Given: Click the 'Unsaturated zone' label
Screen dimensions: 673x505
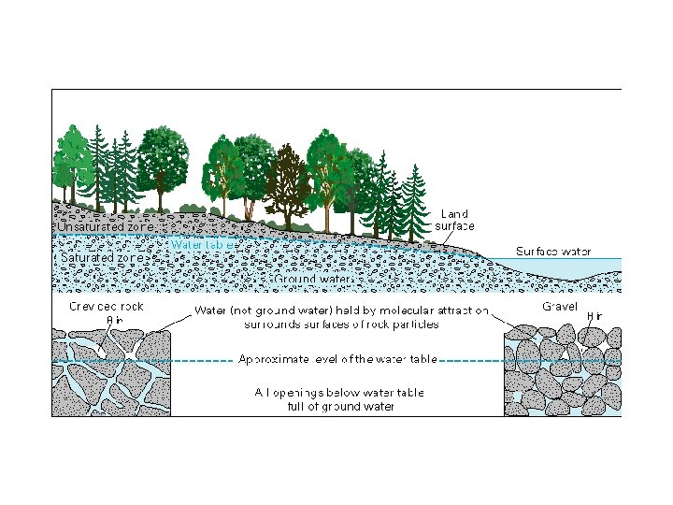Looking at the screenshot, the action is (105, 226).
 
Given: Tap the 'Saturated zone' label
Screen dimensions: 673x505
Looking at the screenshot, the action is (101, 257).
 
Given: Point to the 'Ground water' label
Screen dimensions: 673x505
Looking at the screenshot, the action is (313, 279).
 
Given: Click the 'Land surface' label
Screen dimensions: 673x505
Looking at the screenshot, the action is (455, 220).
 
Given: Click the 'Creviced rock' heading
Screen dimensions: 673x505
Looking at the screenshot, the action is (107, 307).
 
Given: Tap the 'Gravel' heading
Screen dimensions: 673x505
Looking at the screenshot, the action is (560, 307).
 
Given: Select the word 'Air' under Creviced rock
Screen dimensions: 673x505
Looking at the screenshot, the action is (115, 320).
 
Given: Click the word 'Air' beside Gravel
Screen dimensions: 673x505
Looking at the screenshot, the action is (594, 317).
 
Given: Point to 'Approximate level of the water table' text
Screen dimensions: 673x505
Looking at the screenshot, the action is (337, 359).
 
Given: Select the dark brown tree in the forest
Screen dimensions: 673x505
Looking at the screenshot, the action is (287, 182).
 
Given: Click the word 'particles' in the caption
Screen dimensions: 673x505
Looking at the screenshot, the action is (412, 325).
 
